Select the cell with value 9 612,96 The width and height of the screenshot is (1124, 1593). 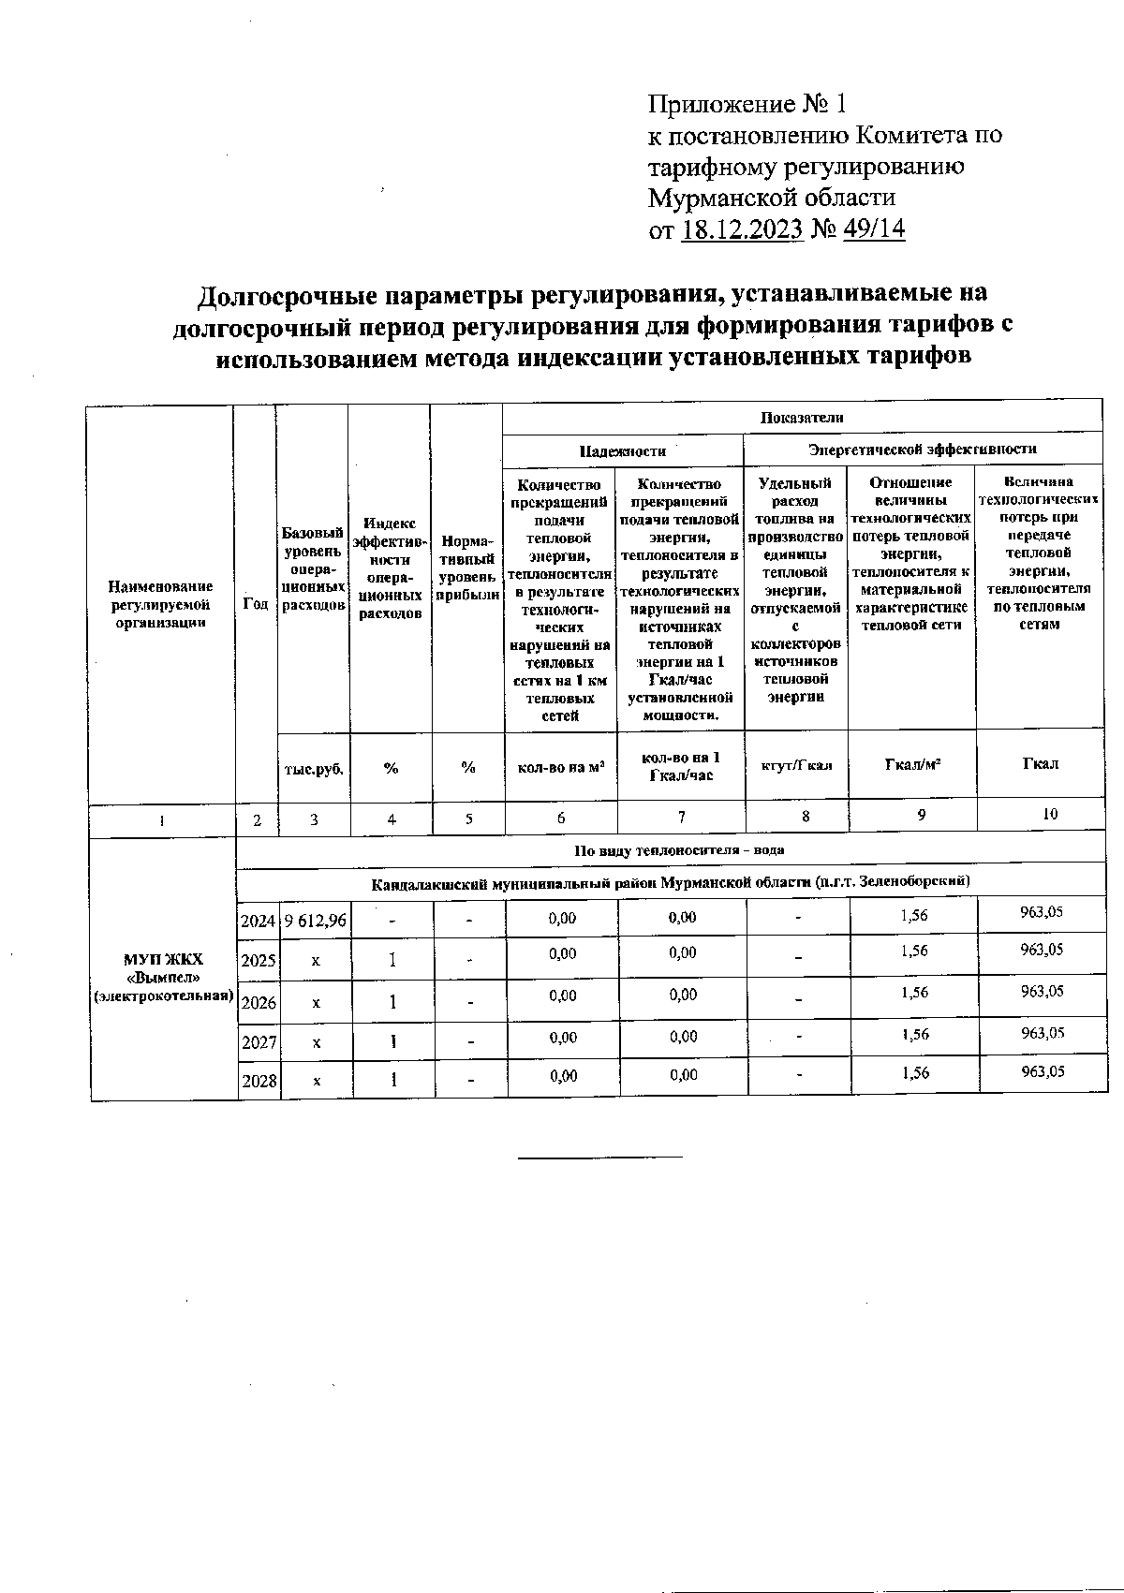[x=315, y=921]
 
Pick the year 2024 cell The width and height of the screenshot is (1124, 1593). [x=259, y=921]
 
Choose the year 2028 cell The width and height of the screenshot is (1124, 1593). [x=259, y=1081]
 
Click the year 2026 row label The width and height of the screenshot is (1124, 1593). [x=259, y=1002]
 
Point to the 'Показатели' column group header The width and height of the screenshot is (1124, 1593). [x=802, y=418]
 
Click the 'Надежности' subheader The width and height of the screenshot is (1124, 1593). [x=623, y=450]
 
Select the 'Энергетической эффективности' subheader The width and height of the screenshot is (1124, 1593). [x=923, y=450]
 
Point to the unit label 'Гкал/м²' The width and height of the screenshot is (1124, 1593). [x=912, y=764]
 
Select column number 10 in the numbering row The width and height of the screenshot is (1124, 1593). [x=1050, y=815]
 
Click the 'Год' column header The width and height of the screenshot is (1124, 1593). [x=256, y=604]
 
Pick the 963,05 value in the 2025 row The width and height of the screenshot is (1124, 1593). [x=1043, y=950]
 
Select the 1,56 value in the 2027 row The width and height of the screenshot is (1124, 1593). [x=914, y=1034]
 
